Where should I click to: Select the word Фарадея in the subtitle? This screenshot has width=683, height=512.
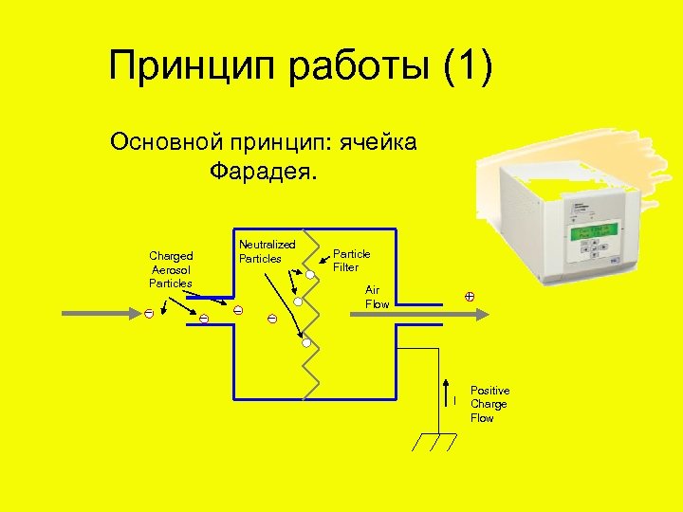(267, 173)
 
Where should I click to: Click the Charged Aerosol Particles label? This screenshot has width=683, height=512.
(171, 269)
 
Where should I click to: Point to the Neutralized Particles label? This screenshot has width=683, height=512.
(267, 251)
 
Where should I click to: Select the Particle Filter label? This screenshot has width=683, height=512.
(350, 261)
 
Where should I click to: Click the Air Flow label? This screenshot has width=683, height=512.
(377, 297)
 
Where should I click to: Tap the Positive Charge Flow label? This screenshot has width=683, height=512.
(489, 404)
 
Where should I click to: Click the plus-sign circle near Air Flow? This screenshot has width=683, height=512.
(469, 297)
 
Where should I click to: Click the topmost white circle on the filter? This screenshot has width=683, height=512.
(309, 275)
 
